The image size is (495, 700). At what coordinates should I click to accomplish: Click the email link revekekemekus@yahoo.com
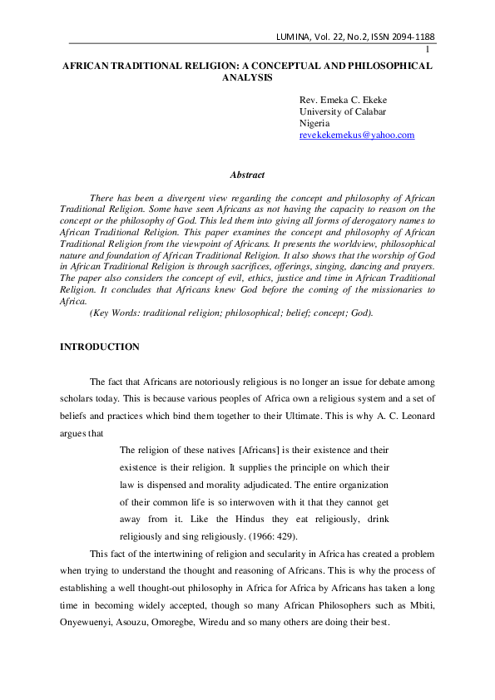(356, 136)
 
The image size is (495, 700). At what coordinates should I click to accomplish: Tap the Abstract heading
(247, 175)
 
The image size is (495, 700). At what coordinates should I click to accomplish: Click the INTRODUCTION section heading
(100, 347)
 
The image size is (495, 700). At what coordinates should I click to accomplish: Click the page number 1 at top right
(427, 50)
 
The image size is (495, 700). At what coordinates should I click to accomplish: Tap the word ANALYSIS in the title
(247, 77)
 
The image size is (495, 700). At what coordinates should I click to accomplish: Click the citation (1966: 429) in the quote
(280, 536)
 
